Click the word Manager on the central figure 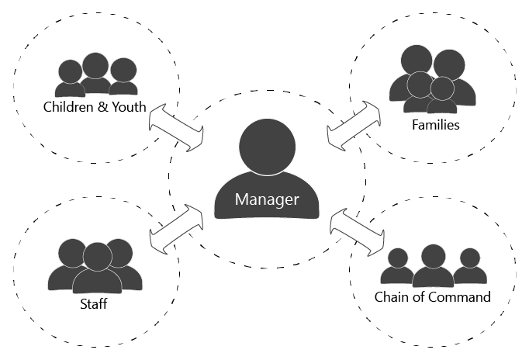[267, 199]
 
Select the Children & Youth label [95, 106]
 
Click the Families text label [436, 124]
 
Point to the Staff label [94, 303]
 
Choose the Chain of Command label [432, 297]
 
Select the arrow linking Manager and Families [354, 125]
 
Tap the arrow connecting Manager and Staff [175, 229]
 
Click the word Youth [128, 106]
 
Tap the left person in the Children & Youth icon [69, 78]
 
